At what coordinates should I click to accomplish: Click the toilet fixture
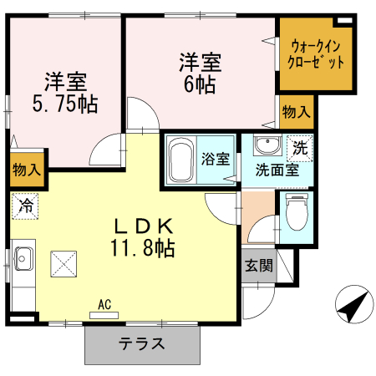pyautogui.click(x=297, y=211)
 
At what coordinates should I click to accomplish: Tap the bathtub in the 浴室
pyautogui.click(x=181, y=160)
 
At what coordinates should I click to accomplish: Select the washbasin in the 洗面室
pyautogui.click(x=267, y=145)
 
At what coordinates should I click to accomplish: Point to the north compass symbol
pyautogui.click(x=354, y=304)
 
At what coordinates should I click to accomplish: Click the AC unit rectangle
pyautogui.click(x=104, y=315)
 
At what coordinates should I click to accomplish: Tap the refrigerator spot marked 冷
pyautogui.click(x=25, y=206)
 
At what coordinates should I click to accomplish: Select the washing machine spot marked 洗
pyautogui.click(x=300, y=148)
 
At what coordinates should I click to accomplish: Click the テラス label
pyautogui.click(x=142, y=344)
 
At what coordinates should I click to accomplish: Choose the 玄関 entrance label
pyautogui.click(x=259, y=266)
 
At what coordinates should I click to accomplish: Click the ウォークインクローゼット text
pyautogui.click(x=316, y=54)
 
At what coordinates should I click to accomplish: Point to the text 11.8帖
pyautogui.click(x=143, y=248)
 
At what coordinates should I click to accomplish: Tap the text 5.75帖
pyautogui.click(x=65, y=104)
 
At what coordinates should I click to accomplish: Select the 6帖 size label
pyautogui.click(x=200, y=84)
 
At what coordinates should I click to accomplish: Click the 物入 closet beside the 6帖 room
pyautogui.click(x=297, y=112)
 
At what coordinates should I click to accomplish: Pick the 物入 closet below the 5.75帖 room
pyautogui.click(x=27, y=170)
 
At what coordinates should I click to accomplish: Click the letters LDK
pyautogui.click(x=144, y=226)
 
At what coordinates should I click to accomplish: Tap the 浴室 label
pyautogui.click(x=216, y=159)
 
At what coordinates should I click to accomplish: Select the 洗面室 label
pyautogui.click(x=277, y=170)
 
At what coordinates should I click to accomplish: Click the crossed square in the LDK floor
pyautogui.click(x=64, y=264)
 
